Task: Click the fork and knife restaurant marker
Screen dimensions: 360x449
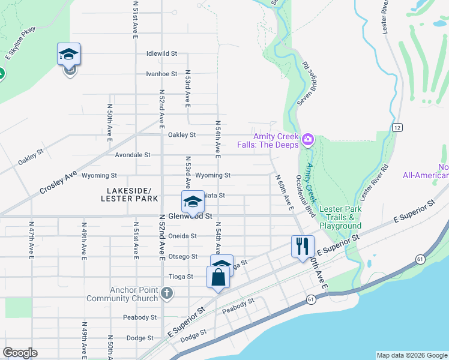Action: click(x=303, y=246)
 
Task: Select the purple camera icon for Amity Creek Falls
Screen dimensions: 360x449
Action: click(x=308, y=140)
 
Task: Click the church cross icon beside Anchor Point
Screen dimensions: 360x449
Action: click(x=167, y=293)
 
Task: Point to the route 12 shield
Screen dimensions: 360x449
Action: click(x=397, y=127)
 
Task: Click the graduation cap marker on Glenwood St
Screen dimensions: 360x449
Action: click(x=193, y=202)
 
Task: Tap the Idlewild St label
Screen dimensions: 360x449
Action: click(x=161, y=53)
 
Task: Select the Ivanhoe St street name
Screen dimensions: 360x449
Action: click(x=161, y=74)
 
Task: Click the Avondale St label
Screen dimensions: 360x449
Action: click(x=132, y=155)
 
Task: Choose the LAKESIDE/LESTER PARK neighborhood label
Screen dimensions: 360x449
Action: click(x=126, y=194)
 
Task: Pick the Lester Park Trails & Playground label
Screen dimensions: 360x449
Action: click(x=340, y=217)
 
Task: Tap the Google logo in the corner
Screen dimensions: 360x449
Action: click(x=20, y=353)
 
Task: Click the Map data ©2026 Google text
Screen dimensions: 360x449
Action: click(x=411, y=355)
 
